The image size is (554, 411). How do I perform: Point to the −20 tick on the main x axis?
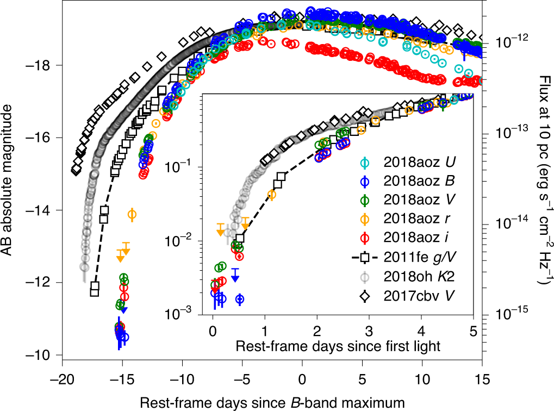pos(62,379)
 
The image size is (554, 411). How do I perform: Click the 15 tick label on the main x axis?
pos(482,379)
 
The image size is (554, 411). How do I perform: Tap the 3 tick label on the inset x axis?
pos(369,332)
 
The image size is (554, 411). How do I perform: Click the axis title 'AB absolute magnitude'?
pos(7,180)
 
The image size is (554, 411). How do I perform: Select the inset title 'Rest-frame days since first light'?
pos(338,346)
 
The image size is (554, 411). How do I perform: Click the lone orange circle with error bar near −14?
pos(132,214)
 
